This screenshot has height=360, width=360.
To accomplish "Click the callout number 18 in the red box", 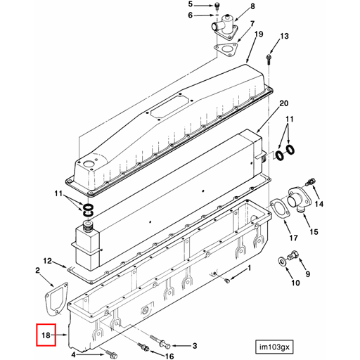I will [46, 335].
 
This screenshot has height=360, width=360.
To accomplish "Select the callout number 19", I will [258, 34].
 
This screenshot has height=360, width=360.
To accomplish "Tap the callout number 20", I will [283, 104].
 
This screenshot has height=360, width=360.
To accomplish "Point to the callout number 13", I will [284, 36].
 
